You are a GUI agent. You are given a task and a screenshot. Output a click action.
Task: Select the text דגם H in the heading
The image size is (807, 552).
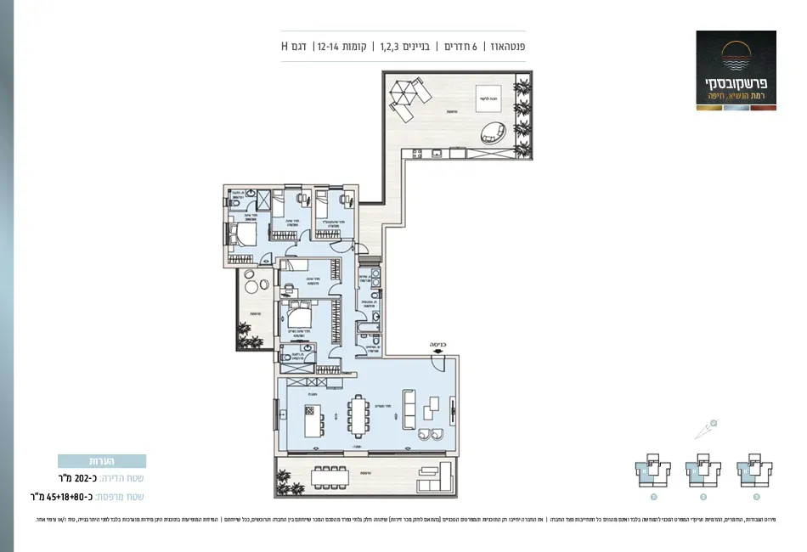click(294, 46)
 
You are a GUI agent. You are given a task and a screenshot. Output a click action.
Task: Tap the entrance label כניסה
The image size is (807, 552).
click(437, 346)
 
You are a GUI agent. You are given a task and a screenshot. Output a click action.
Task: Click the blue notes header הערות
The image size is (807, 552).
click(102, 461)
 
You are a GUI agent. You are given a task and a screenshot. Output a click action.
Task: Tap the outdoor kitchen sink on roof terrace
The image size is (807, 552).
click(436, 153)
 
